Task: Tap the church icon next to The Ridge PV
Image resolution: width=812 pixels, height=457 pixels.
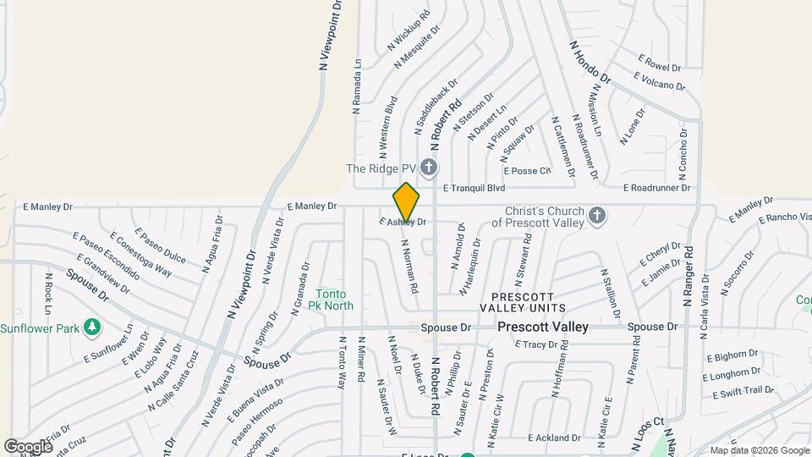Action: pyautogui.click(x=430, y=168)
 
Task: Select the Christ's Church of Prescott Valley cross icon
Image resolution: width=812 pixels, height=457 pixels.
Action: pyautogui.click(x=597, y=216)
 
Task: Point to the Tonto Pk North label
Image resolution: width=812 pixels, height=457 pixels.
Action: pyautogui.click(x=331, y=299)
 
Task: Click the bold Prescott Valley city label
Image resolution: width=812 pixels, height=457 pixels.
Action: pyautogui.click(x=542, y=327)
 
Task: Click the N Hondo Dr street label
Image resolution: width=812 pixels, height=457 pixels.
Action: pyautogui.click(x=590, y=63)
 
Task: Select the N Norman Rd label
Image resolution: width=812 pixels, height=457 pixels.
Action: pyautogui.click(x=410, y=265)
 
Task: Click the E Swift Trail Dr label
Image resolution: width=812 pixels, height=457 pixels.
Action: pyautogui.click(x=743, y=391)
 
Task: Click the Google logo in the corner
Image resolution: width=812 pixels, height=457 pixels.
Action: pyautogui.click(x=28, y=446)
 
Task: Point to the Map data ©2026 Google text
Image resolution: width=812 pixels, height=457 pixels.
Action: pyautogui.click(x=760, y=450)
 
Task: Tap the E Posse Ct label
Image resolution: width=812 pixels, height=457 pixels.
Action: pyautogui.click(x=527, y=171)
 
